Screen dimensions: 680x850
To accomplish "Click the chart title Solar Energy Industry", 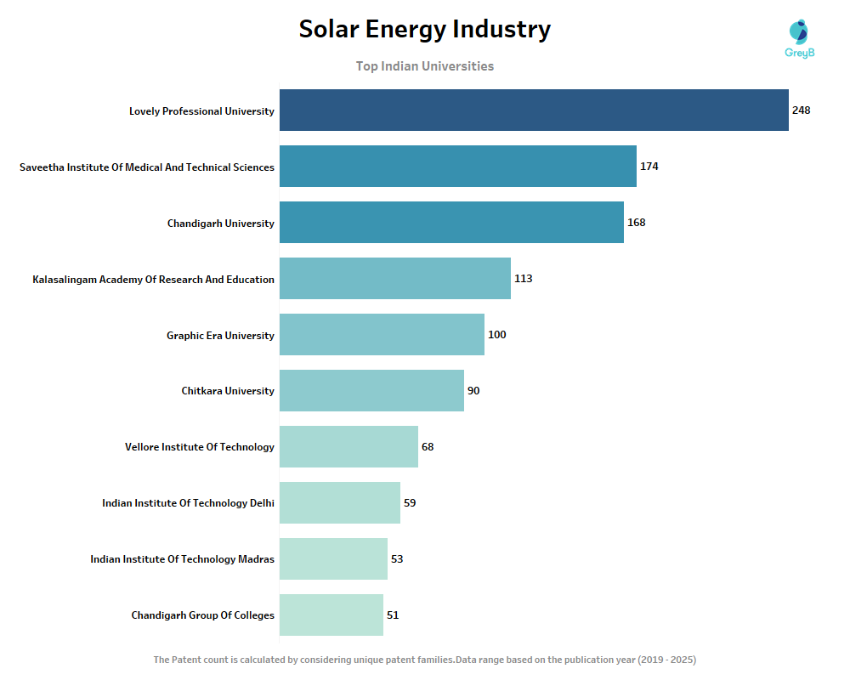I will coord(424,30).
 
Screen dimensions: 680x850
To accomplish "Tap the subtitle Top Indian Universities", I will coord(424,66).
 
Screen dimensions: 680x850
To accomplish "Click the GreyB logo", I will coord(799,39).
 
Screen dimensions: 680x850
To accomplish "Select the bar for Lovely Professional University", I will coord(534,110).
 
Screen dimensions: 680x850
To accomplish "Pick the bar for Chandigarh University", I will coord(451,223).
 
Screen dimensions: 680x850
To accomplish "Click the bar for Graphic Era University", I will coord(382,335).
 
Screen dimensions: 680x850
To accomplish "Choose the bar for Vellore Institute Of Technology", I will coord(348,447).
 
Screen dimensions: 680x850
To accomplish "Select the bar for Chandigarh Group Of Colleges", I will coord(331,615).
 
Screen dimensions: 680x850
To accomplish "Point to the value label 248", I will coord(801,110).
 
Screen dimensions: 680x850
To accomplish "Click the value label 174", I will coord(649,167).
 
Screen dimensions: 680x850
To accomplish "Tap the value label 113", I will coord(523,279).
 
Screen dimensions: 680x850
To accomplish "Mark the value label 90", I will coord(473,391).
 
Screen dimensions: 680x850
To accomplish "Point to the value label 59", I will coord(410,503).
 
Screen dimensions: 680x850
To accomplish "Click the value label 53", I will coord(397,559).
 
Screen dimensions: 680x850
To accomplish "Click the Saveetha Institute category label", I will coord(147,167).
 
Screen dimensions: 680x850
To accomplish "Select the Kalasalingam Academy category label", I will coord(153,280).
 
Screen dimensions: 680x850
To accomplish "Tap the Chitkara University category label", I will coord(228,391).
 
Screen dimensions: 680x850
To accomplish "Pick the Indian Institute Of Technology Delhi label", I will coord(188,503).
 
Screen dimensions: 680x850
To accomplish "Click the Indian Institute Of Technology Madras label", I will coord(182,559).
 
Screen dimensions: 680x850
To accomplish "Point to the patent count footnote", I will coord(424,660).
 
